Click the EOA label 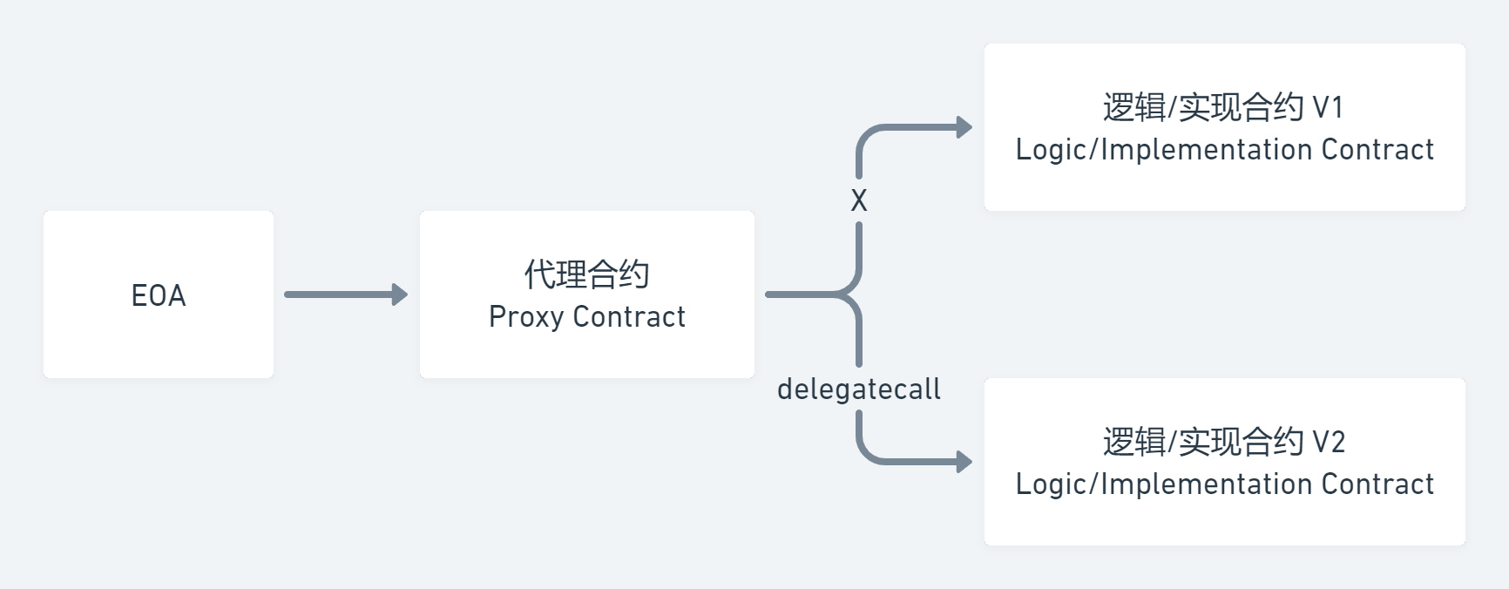159,295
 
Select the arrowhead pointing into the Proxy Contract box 400,294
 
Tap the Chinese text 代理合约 586,274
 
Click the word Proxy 526,317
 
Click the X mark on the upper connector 859,201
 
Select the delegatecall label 858,389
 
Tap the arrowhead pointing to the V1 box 964,127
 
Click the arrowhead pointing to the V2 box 964,461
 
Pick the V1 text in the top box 1328,108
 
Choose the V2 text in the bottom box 1328,443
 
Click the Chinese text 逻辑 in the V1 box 1133,108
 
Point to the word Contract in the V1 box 1377,150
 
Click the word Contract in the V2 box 1377,484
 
